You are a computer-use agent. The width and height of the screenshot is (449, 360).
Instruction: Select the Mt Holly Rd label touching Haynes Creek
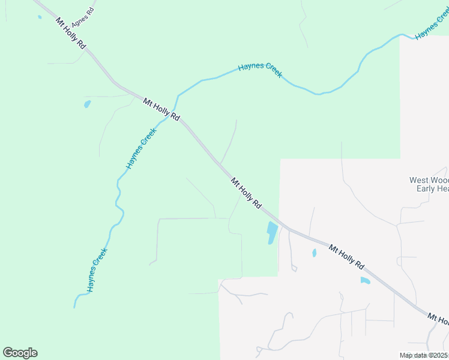(x=161, y=110)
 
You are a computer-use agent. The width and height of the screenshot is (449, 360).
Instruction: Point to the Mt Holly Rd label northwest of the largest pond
(x=246, y=193)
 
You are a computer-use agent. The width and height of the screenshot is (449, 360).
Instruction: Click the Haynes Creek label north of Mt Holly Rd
(x=260, y=70)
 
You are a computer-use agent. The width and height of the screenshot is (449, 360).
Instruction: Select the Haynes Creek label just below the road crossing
(x=141, y=148)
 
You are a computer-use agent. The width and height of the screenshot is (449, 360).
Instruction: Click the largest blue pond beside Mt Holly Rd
(x=272, y=232)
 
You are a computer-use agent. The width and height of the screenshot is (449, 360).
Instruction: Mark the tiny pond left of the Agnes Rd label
(x=40, y=17)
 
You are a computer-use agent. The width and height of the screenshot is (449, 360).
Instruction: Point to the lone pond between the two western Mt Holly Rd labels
(x=88, y=104)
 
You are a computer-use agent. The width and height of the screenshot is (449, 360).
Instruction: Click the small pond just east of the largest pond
(x=314, y=253)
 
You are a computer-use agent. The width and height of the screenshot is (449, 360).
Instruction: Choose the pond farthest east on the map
(x=365, y=280)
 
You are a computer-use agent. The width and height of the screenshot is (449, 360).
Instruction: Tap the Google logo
(x=20, y=353)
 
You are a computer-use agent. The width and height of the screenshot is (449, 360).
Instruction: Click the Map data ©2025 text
(x=424, y=355)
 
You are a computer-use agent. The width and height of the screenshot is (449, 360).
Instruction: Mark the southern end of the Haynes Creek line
(x=74, y=307)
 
